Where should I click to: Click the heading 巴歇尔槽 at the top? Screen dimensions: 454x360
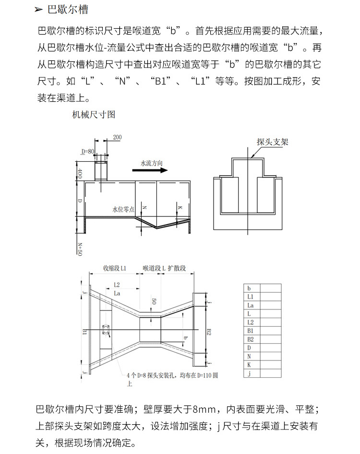68,10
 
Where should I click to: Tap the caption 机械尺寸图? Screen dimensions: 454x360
94,115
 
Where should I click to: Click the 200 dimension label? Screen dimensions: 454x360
117,137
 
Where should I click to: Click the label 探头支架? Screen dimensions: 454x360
273,142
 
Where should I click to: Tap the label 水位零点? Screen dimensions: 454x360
123,209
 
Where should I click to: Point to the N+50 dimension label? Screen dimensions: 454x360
80,249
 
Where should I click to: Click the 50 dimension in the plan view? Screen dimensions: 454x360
154,301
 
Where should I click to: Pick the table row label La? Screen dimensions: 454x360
250,305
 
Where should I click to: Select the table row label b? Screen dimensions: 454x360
249,288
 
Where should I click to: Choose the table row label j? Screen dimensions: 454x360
249,374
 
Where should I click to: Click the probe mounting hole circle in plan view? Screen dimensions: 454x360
106,330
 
